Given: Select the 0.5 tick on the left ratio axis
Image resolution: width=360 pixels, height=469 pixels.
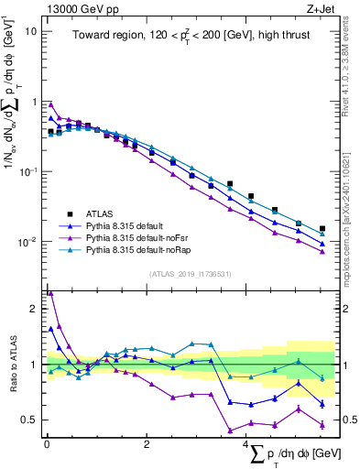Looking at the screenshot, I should tap(29, 420).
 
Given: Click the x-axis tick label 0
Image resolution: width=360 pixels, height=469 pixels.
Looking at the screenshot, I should tap(47, 444).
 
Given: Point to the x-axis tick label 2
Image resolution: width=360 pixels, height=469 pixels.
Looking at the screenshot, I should tap(147, 444).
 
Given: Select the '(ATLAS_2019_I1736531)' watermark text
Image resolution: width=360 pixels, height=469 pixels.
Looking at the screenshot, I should tap(190, 275).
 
